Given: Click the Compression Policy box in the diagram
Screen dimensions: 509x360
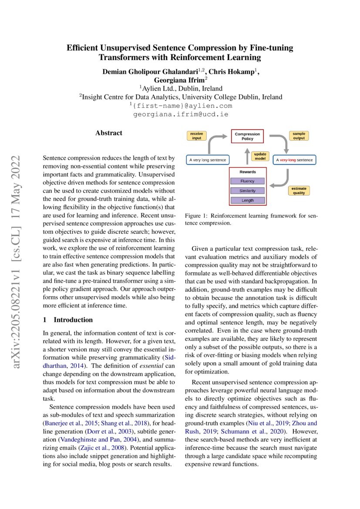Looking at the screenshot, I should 247,137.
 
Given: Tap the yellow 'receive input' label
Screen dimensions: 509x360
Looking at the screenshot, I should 196,136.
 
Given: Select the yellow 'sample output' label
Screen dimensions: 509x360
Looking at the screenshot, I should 299,136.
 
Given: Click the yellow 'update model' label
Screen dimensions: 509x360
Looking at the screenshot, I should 260,156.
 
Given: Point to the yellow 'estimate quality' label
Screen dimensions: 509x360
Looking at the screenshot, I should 299,191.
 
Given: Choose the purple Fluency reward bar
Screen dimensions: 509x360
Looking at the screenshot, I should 247,181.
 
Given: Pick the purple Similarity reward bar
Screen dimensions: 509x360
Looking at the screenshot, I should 247,191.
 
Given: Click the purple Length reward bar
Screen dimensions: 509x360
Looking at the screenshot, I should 247,200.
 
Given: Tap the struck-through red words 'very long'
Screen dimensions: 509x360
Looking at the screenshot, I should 287,160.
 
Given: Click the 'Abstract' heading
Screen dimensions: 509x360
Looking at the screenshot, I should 109,133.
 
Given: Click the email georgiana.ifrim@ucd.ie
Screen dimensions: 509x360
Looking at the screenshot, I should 180,115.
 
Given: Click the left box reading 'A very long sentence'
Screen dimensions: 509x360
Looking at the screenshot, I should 208,160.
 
